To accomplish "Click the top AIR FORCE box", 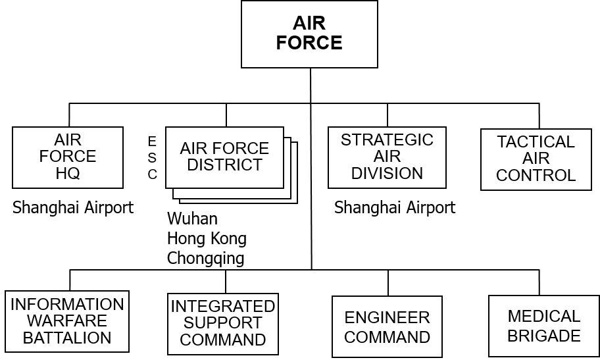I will (x=309, y=34).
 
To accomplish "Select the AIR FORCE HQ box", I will (x=68, y=157).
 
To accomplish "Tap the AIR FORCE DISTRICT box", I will (x=224, y=157).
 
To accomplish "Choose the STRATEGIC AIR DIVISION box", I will (x=387, y=157).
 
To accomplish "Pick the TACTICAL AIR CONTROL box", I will (x=536, y=159).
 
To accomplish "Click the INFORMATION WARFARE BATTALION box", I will (x=67, y=321).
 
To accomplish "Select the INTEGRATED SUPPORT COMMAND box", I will (x=222, y=323).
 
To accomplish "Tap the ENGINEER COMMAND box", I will (x=387, y=327).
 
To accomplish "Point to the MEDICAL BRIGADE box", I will (x=544, y=326).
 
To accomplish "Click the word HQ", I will (x=68, y=174).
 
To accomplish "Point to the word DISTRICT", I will (x=224, y=165).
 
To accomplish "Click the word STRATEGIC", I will (x=387, y=140).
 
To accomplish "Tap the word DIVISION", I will (x=387, y=174).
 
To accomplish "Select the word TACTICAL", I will (x=536, y=142).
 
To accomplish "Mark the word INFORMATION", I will (x=67, y=305).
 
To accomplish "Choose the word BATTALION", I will (x=67, y=338).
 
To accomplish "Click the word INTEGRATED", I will (x=222, y=307).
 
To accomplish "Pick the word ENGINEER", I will (x=387, y=318).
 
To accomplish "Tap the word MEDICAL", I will (x=544, y=317).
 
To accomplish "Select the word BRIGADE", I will (x=544, y=336).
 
